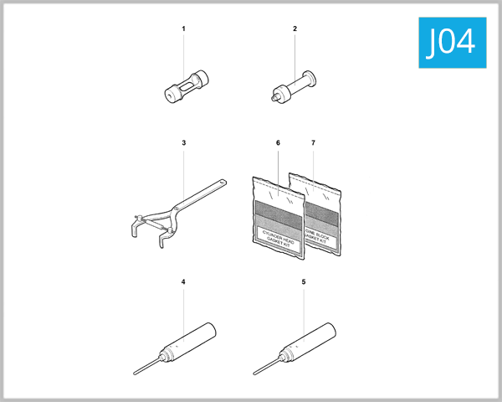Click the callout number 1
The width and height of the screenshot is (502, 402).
[183, 29]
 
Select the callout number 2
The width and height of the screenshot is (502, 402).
[295, 29]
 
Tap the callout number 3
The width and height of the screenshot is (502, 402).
[183, 143]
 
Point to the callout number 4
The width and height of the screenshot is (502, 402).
[183, 281]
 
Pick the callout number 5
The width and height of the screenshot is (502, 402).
[303, 281]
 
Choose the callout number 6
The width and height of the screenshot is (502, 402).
[277, 143]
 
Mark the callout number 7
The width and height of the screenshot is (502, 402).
[313, 143]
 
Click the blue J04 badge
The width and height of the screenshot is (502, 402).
[450, 42]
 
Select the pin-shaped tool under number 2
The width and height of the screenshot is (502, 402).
[295, 88]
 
